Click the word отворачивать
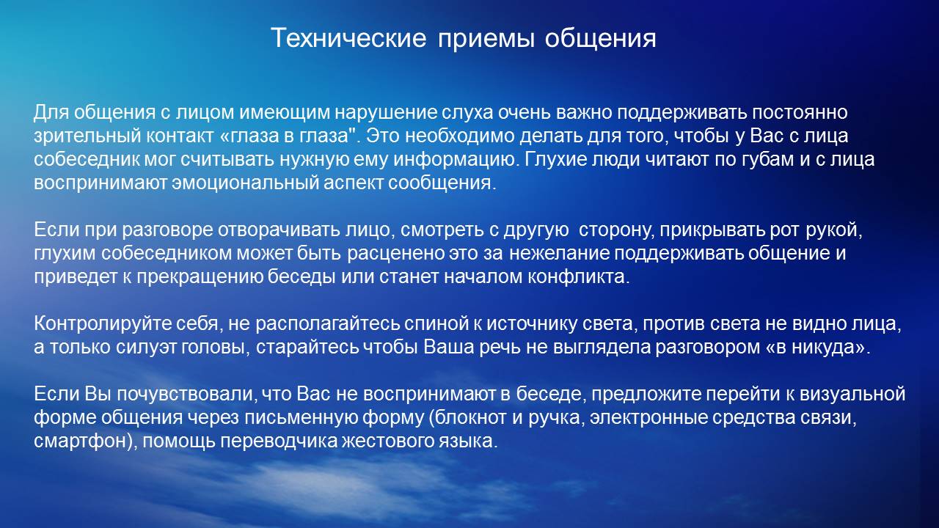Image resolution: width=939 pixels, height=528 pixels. [x=279, y=230]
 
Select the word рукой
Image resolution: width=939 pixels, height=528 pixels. [x=833, y=230]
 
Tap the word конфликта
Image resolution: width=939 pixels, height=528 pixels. [x=578, y=277]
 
